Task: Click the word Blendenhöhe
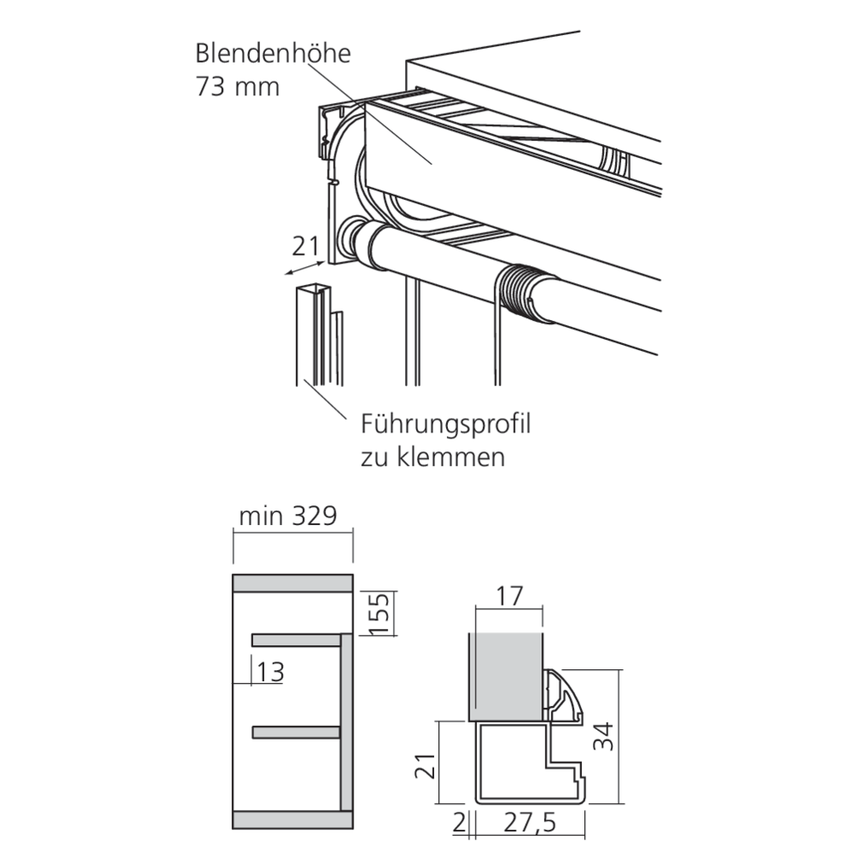(273, 53)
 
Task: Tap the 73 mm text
(238, 87)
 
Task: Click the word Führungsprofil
(445, 425)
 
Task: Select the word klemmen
(451, 457)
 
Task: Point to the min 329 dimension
(287, 516)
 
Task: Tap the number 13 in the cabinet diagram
(270, 672)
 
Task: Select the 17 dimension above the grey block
(509, 596)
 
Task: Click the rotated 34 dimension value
(603, 736)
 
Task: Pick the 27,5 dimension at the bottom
(529, 823)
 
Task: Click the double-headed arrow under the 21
(305, 269)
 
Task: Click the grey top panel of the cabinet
(293, 583)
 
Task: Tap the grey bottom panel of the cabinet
(293, 819)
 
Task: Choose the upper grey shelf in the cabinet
(296, 640)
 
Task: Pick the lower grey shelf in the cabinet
(296, 732)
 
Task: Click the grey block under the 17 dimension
(506, 677)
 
